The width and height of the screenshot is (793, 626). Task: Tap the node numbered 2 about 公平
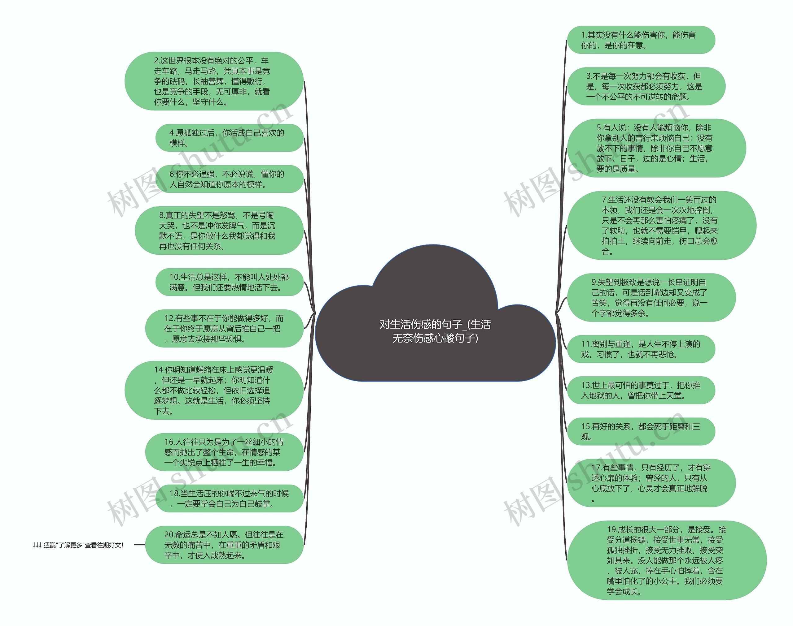point(214,81)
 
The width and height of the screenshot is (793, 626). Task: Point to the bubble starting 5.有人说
point(656,148)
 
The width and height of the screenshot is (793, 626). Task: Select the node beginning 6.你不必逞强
point(229,179)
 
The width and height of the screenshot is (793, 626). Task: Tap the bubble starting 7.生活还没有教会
point(661,225)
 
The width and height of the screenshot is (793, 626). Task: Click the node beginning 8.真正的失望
point(219,231)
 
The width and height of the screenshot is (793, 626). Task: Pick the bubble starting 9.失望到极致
point(651,298)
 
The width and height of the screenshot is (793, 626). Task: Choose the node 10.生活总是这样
point(229,282)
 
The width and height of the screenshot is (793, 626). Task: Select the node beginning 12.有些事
point(224,328)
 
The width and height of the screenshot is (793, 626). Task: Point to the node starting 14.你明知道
point(214,390)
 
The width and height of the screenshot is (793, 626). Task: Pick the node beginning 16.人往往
point(224,452)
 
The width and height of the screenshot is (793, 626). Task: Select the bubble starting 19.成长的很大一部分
point(666,560)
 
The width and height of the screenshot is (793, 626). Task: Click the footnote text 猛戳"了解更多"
point(78,545)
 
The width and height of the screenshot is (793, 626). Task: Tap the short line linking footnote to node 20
point(139,545)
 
